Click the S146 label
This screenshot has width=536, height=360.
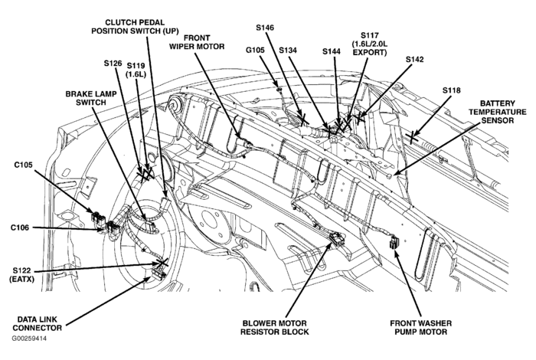coord(264,28)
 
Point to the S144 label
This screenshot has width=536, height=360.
coord(332,52)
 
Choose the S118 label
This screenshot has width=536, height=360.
coord(452,90)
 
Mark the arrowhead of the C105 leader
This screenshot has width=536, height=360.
coord(95,213)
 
